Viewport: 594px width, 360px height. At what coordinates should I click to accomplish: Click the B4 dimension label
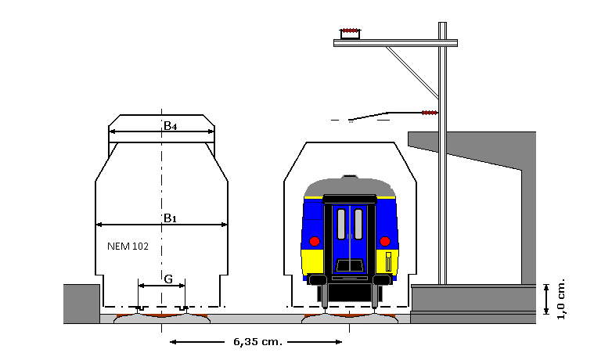170,125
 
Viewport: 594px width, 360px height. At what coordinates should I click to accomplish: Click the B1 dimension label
170,218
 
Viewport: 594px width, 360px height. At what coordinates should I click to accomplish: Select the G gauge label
168,279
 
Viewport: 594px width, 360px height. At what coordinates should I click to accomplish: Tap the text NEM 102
128,247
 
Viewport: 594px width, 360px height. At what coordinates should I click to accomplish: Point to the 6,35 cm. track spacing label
258,342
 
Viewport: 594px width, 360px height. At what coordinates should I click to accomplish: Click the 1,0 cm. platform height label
561,300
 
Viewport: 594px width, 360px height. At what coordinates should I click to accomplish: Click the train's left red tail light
315,241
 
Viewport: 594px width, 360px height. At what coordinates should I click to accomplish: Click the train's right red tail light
385,241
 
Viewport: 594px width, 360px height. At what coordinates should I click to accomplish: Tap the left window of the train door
341,224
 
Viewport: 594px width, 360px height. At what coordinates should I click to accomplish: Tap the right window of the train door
358,224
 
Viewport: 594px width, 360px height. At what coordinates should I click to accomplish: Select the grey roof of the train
349,187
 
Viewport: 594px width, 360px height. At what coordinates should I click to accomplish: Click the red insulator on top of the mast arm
351,31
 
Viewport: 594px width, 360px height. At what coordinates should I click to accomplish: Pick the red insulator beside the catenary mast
430,113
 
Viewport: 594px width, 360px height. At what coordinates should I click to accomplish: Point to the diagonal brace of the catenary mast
412,72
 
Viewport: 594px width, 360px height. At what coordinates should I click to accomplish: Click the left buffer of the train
318,279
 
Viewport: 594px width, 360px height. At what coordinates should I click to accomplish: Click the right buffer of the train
382,279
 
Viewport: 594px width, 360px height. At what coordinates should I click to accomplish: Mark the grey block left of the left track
81,304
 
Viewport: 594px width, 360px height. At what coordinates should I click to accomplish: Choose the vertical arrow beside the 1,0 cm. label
546,300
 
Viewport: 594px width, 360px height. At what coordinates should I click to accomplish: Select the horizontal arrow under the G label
162,286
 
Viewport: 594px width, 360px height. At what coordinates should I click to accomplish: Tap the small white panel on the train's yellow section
388,262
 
